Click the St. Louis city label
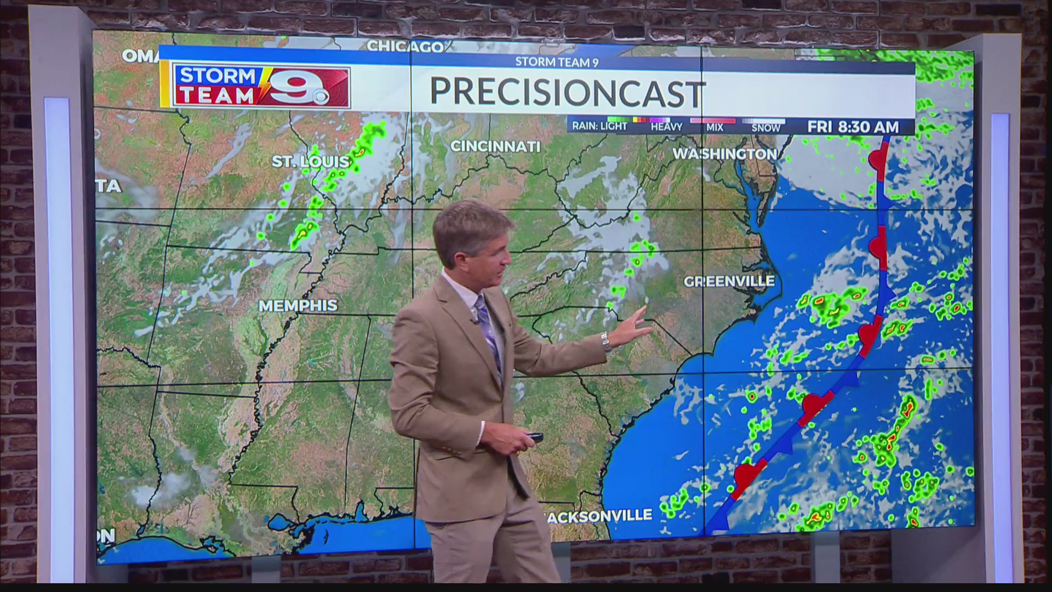(311, 161)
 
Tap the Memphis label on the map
(298, 305)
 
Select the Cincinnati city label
(495, 146)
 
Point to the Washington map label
(724, 154)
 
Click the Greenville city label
(729, 282)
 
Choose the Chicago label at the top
(405, 47)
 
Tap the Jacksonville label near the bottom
(600, 515)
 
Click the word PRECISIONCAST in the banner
(567, 92)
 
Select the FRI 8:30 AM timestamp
(853, 127)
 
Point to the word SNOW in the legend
(765, 128)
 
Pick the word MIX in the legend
(714, 128)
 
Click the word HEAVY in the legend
(666, 127)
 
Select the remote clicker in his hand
(532, 437)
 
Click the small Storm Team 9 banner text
(556, 62)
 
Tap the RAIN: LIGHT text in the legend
(599, 126)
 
